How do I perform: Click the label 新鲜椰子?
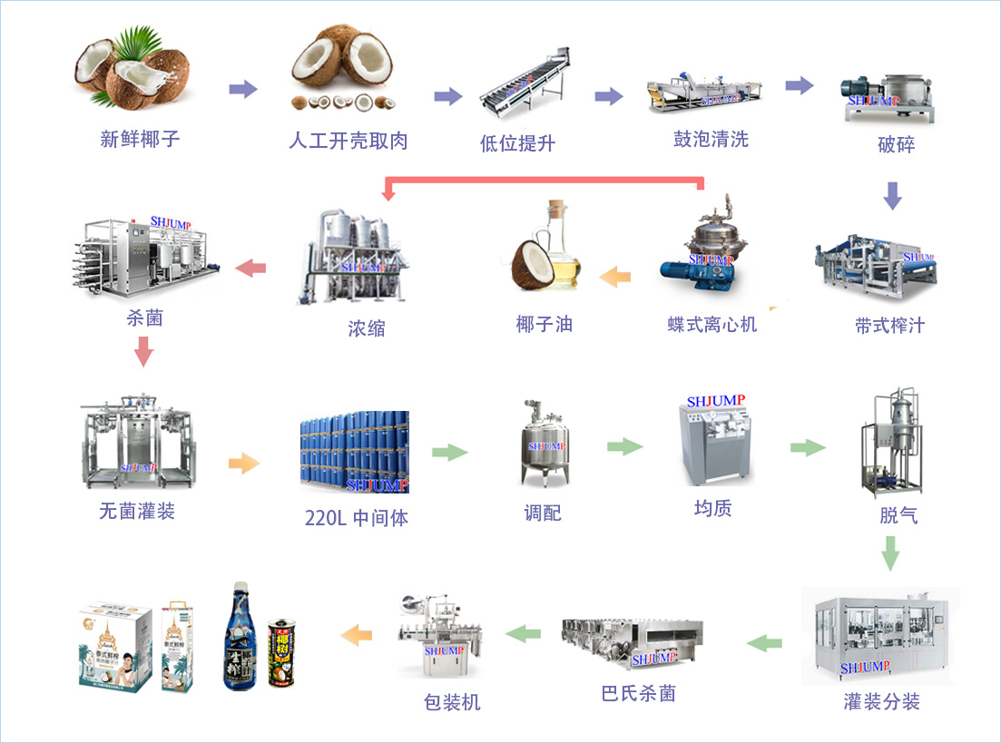[140, 140]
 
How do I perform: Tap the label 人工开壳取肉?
[348, 141]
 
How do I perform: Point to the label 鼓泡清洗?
[711, 139]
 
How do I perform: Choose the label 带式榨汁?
[889, 326]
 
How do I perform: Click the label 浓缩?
[367, 328]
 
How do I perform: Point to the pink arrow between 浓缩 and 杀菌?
[250, 268]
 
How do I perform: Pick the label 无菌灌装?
[137, 512]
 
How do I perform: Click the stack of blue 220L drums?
[355, 451]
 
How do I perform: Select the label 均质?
[712, 508]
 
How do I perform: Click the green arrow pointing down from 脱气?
[891, 552]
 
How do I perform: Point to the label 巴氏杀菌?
[638, 694]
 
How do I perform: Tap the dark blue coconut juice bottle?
[240, 637]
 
